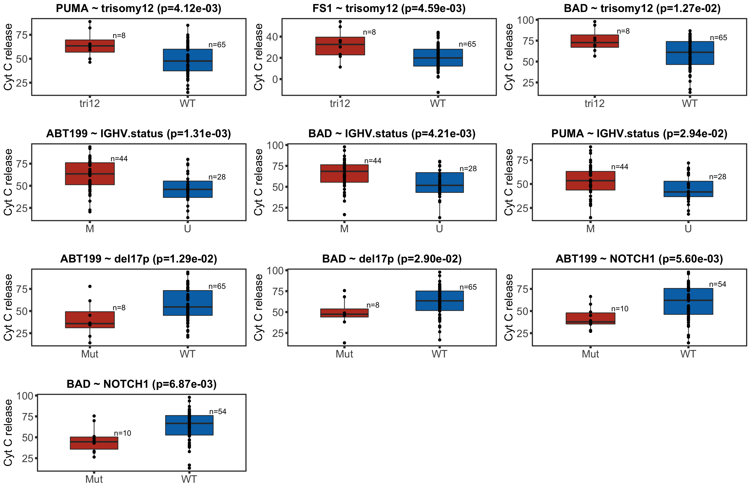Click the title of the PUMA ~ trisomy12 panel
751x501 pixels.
(x=138, y=8)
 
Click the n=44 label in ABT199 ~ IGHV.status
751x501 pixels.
(x=119, y=159)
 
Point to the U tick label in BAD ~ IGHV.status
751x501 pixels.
(x=439, y=229)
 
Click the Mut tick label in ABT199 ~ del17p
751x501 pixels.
(x=90, y=354)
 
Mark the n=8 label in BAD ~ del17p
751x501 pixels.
(x=373, y=305)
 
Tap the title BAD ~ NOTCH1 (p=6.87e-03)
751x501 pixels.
(x=141, y=384)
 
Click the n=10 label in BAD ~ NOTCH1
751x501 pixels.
(x=123, y=433)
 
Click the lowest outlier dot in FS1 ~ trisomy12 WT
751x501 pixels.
(x=438, y=92)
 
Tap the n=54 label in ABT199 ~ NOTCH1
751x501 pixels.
(x=717, y=284)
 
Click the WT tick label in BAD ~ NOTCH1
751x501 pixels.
(x=189, y=479)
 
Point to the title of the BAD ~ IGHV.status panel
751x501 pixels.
(x=392, y=134)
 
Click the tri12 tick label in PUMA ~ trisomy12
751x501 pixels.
(x=90, y=104)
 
